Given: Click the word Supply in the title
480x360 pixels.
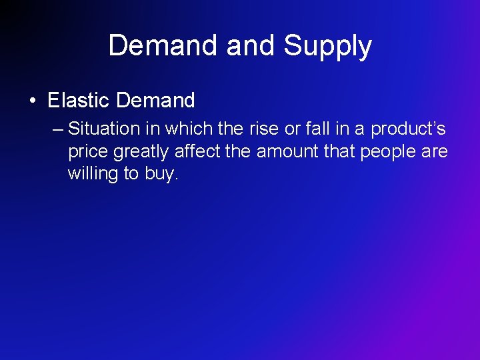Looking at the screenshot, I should click(327, 47).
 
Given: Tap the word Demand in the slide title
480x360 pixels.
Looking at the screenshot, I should click(164, 45).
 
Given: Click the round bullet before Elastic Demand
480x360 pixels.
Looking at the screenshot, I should click(33, 101).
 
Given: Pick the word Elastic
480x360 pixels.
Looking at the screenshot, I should click(78, 101).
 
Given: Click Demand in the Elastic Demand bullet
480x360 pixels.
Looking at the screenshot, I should click(155, 101).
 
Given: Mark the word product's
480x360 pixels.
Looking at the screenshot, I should click(408, 128).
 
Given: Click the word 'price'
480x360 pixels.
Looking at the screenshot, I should click(88, 152).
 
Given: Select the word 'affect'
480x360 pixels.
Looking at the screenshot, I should click(197, 151).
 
